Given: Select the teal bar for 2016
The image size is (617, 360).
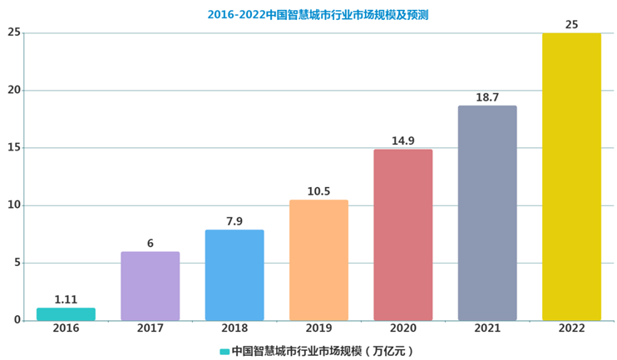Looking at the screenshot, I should [x=66, y=314].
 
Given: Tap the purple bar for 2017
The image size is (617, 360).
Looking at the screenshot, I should [x=150, y=286].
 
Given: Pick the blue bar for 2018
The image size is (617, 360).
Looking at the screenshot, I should [x=234, y=275].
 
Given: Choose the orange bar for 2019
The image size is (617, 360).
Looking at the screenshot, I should [x=318, y=260].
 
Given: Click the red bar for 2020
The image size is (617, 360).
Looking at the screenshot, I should [x=402, y=235].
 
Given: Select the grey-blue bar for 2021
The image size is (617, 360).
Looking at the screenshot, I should [x=487, y=213].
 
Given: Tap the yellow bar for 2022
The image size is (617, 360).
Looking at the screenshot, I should [x=571, y=177].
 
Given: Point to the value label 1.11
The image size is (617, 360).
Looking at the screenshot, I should [x=66, y=299].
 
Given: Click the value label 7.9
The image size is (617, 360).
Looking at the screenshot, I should [x=234, y=221].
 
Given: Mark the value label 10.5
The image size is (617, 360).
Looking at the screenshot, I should [x=318, y=191].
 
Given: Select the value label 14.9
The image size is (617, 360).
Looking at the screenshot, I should [x=402, y=141].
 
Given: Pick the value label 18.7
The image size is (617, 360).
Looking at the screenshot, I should [x=487, y=97].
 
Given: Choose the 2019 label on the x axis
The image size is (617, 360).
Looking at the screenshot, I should [x=318, y=329].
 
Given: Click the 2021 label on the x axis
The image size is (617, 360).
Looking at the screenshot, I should [x=487, y=329].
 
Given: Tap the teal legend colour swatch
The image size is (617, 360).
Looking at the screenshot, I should [x=225, y=351].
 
